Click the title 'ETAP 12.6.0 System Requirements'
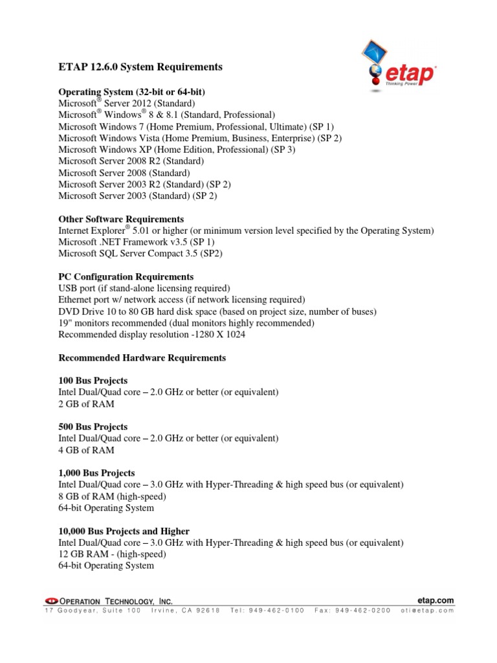(x=140, y=67)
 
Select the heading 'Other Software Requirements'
(x=121, y=219)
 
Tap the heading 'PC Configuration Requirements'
(x=126, y=276)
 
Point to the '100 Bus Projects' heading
(x=93, y=380)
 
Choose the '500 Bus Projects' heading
(x=93, y=427)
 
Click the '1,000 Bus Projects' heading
(x=96, y=473)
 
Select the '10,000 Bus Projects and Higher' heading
(x=124, y=531)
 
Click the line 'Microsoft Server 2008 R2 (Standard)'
(x=131, y=161)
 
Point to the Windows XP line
(x=177, y=149)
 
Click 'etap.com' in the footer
(x=437, y=601)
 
